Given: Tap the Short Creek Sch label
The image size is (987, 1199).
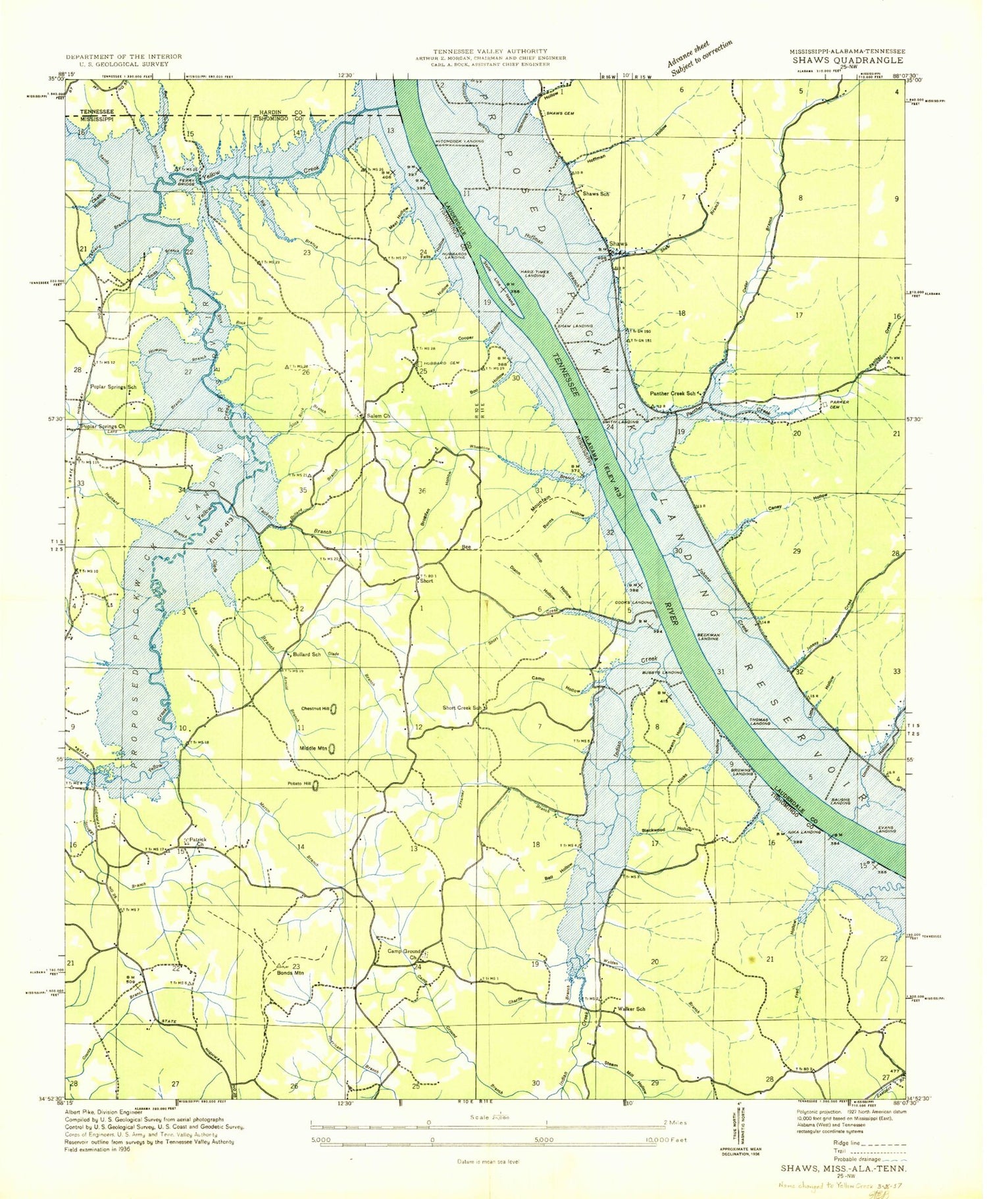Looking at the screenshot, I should [462, 708].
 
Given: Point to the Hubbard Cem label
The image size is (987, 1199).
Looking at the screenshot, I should [440, 363].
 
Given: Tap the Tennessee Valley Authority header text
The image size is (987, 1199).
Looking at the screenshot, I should [490, 51].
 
